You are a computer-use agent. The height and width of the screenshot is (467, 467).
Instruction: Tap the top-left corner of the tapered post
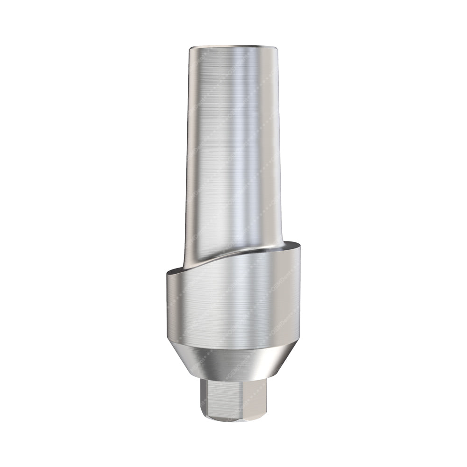[x=191, y=49]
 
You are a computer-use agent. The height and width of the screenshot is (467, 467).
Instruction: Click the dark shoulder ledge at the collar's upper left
[x=175, y=269]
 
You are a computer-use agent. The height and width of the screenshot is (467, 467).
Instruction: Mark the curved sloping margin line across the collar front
[x=233, y=255]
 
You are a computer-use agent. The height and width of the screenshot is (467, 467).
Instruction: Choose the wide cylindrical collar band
[x=233, y=299]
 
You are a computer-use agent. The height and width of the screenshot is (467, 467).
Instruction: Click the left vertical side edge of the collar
[x=167, y=304]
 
